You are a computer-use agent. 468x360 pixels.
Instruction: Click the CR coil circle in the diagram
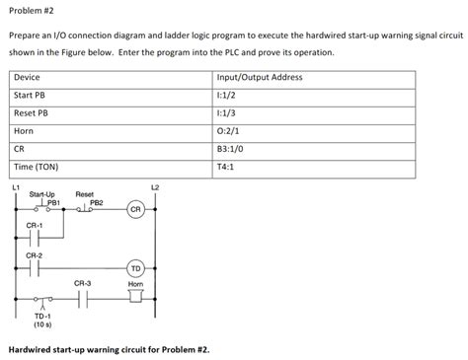[136, 209]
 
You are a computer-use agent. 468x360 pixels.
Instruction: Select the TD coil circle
[136, 267]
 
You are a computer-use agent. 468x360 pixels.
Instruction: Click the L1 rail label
[16, 186]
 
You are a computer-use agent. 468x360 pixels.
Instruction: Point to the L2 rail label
[154, 186]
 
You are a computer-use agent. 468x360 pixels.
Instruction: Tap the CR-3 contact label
[83, 284]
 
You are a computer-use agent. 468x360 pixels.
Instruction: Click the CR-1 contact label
[35, 225]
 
